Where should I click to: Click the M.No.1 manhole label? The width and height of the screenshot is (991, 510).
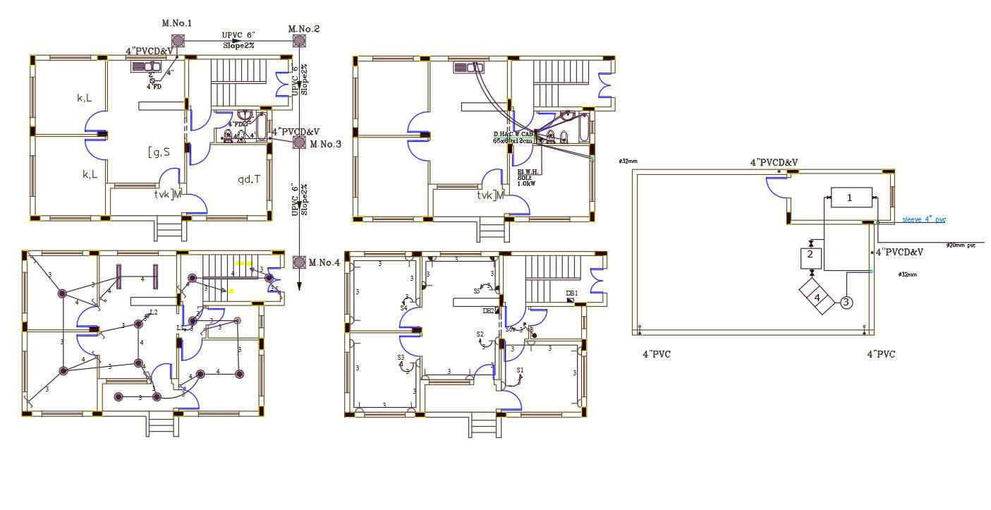[x=177, y=23]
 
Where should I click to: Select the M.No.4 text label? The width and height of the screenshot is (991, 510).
[x=324, y=263]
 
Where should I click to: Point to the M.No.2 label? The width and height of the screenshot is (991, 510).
[x=305, y=29]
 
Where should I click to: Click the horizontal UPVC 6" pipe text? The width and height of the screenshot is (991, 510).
[x=238, y=35]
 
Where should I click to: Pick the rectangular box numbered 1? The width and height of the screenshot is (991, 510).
[x=850, y=198]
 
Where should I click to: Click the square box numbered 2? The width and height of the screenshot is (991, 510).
[x=810, y=255]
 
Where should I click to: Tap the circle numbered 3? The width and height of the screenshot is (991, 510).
[x=846, y=303]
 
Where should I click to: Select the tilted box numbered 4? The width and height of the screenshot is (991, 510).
[x=817, y=298]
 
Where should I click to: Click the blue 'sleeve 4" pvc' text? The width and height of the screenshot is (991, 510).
[x=924, y=220]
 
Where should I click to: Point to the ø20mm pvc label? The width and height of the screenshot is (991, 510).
[x=961, y=245]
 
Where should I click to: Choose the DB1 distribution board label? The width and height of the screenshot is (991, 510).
[x=571, y=293]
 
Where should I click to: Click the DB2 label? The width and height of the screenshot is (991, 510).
[x=488, y=310]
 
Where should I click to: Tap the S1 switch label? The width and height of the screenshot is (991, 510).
[x=521, y=370]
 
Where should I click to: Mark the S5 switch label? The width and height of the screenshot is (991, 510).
[x=478, y=291]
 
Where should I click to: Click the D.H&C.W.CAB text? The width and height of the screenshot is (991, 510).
[x=513, y=134]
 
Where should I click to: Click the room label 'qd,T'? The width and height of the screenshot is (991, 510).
[x=248, y=179]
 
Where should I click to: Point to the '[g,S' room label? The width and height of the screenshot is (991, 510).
[x=159, y=151]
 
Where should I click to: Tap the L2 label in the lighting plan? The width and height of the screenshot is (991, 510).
[x=154, y=312]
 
